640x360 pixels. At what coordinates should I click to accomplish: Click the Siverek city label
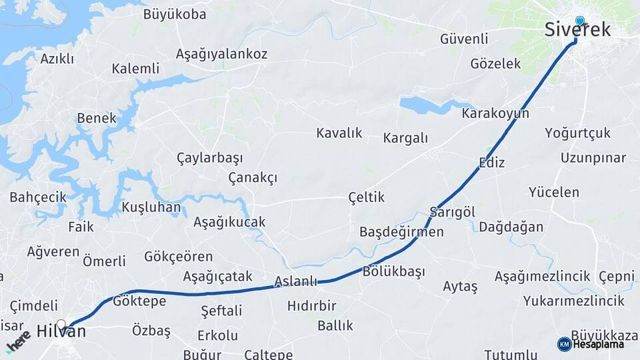[577, 30]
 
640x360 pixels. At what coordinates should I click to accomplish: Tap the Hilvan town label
[61, 331]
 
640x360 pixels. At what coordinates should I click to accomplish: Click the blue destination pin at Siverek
[579, 21]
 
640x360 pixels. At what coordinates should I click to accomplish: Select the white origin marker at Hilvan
[61, 325]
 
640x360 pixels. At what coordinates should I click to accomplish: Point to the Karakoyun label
[495, 114]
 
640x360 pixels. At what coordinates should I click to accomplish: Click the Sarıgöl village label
[452, 212]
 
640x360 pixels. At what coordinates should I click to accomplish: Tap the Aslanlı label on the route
[296, 281]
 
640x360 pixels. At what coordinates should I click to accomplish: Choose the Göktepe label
[139, 301]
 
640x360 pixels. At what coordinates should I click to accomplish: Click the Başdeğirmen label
[401, 232]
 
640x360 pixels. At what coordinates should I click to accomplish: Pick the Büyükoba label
[175, 15]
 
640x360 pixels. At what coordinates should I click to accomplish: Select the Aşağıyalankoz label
[221, 54]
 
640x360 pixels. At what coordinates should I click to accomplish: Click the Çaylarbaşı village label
[209, 158]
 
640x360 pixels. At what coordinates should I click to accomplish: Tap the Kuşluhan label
[151, 207]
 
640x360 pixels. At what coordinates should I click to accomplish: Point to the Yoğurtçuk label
[577, 133]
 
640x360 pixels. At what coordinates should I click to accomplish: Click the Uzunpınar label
[593, 158]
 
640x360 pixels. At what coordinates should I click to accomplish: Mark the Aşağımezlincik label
[543, 276]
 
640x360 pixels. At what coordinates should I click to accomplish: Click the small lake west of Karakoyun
[427, 105]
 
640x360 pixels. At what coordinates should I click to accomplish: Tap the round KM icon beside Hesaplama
[564, 344]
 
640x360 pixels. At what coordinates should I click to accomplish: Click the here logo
[18, 340]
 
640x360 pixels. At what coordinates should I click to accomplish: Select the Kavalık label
[339, 133]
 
